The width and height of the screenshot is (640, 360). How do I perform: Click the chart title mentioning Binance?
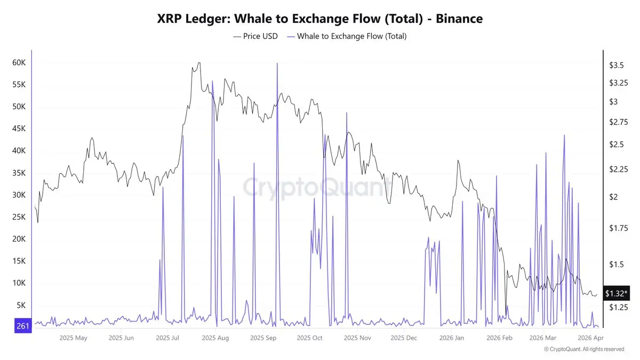(320, 19)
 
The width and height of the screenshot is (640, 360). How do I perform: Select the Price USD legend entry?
(255, 36)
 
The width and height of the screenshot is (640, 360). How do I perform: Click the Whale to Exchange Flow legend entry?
(347, 36)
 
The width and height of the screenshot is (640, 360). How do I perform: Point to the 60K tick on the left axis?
(19, 62)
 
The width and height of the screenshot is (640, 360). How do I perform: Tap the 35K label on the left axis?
(19, 173)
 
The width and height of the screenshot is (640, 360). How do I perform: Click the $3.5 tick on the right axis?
(617, 65)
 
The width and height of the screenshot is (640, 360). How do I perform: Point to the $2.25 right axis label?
(619, 169)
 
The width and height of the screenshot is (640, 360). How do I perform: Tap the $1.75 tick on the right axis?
(619, 228)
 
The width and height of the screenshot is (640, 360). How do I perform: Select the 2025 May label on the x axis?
(74, 338)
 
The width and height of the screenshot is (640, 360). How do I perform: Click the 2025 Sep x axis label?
(263, 338)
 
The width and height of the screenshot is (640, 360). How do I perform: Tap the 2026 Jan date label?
(452, 338)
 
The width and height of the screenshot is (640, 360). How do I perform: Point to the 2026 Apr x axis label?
(591, 338)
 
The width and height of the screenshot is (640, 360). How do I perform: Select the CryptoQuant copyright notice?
(584, 349)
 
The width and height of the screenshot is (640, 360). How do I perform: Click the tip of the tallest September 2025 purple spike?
(277, 63)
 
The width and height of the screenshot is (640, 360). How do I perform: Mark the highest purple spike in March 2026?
(564, 135)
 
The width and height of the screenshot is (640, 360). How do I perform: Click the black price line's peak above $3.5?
(199, 63)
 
